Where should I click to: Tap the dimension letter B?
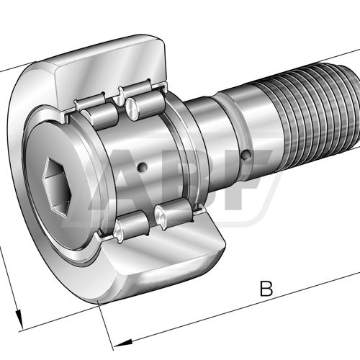(x=266, y=290)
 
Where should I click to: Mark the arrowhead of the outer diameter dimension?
(x=19, y=318)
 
